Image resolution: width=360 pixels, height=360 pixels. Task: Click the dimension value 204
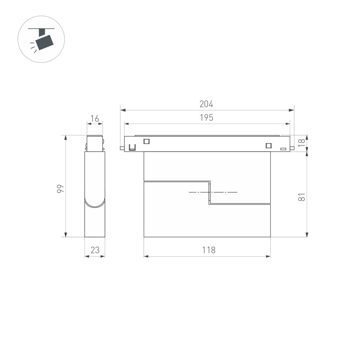point(206,104)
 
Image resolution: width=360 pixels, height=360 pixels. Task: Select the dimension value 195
point(206,118)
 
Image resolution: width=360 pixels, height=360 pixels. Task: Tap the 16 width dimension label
point(95,118)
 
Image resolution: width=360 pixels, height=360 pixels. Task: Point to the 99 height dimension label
point(60,189)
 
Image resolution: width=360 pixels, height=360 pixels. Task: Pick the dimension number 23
point(95,250)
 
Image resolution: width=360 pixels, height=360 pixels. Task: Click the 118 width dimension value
point(208,250)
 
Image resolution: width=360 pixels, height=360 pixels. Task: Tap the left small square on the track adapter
point(146,141)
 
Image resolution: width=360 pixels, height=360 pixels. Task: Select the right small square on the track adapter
point(268,145)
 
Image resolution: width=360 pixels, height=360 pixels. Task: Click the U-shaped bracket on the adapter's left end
point(132,147)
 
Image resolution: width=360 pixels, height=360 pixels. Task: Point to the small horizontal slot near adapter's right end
point(283,148)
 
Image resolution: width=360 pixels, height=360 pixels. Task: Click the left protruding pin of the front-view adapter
point(122,148)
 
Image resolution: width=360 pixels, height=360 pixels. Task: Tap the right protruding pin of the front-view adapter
point(292,148)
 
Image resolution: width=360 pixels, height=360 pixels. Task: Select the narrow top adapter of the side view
point(95,143)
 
